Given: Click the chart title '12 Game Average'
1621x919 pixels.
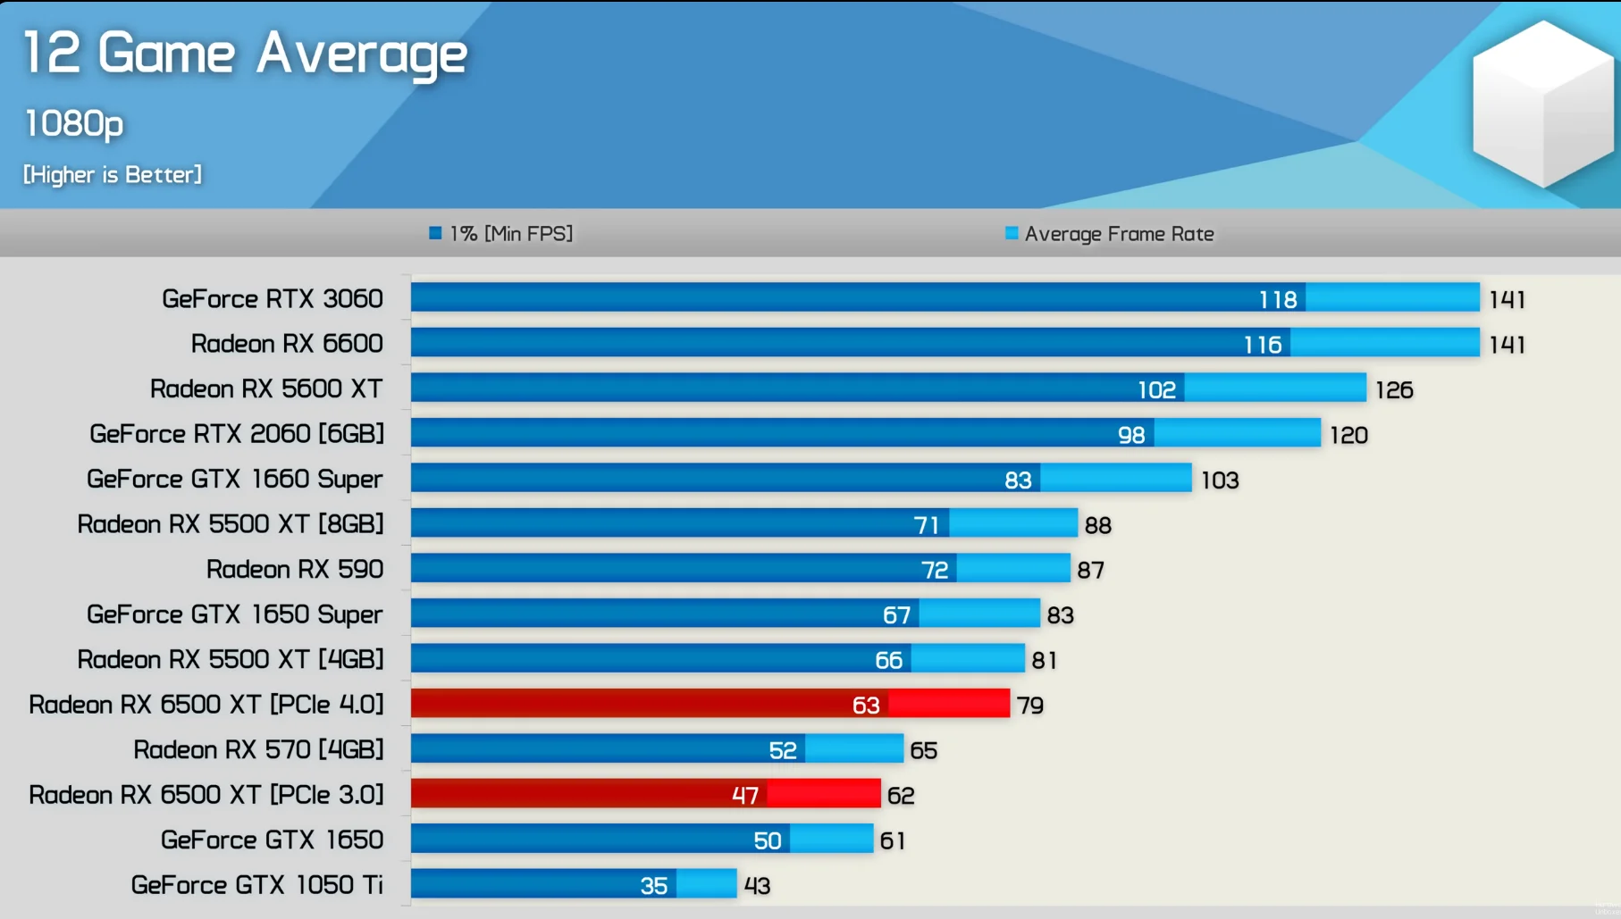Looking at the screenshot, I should [x=245, y=54].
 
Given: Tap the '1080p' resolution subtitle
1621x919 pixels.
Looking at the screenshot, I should [x=74, y=123].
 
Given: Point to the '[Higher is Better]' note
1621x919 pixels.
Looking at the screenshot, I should [x=113, y=174].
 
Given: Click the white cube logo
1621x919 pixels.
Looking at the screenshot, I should [x=1542, y=103].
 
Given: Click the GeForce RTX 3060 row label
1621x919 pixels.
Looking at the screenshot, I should [x=272, y=298].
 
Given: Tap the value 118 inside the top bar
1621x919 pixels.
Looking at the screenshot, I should [x=1277, y=300].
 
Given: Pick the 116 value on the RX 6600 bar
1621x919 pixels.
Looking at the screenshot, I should [x=1262, y=345].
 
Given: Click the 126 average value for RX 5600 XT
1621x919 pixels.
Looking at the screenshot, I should [x=1393, y=390].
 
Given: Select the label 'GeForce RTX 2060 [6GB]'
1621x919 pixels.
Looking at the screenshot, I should [x=237, y=434].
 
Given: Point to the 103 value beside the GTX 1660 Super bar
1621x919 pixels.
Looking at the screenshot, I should [x=1219, y=480].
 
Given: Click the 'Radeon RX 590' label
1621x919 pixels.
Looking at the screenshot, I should [x=294, y=569].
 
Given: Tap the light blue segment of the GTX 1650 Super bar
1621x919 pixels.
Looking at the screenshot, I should [x=979, y=614].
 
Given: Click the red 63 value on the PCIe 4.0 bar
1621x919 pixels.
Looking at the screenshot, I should [x=865, y=706].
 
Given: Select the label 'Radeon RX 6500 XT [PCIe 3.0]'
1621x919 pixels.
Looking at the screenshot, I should [x=206, y=795].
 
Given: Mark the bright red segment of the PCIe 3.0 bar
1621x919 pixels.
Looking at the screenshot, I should [x=823, y=794].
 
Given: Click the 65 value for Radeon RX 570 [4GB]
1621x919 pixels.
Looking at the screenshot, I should [x=923, y=750].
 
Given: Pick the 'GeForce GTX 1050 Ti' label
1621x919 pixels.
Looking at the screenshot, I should [x=256, y=885].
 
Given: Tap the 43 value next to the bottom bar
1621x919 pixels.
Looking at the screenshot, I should [x=757, y=886].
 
